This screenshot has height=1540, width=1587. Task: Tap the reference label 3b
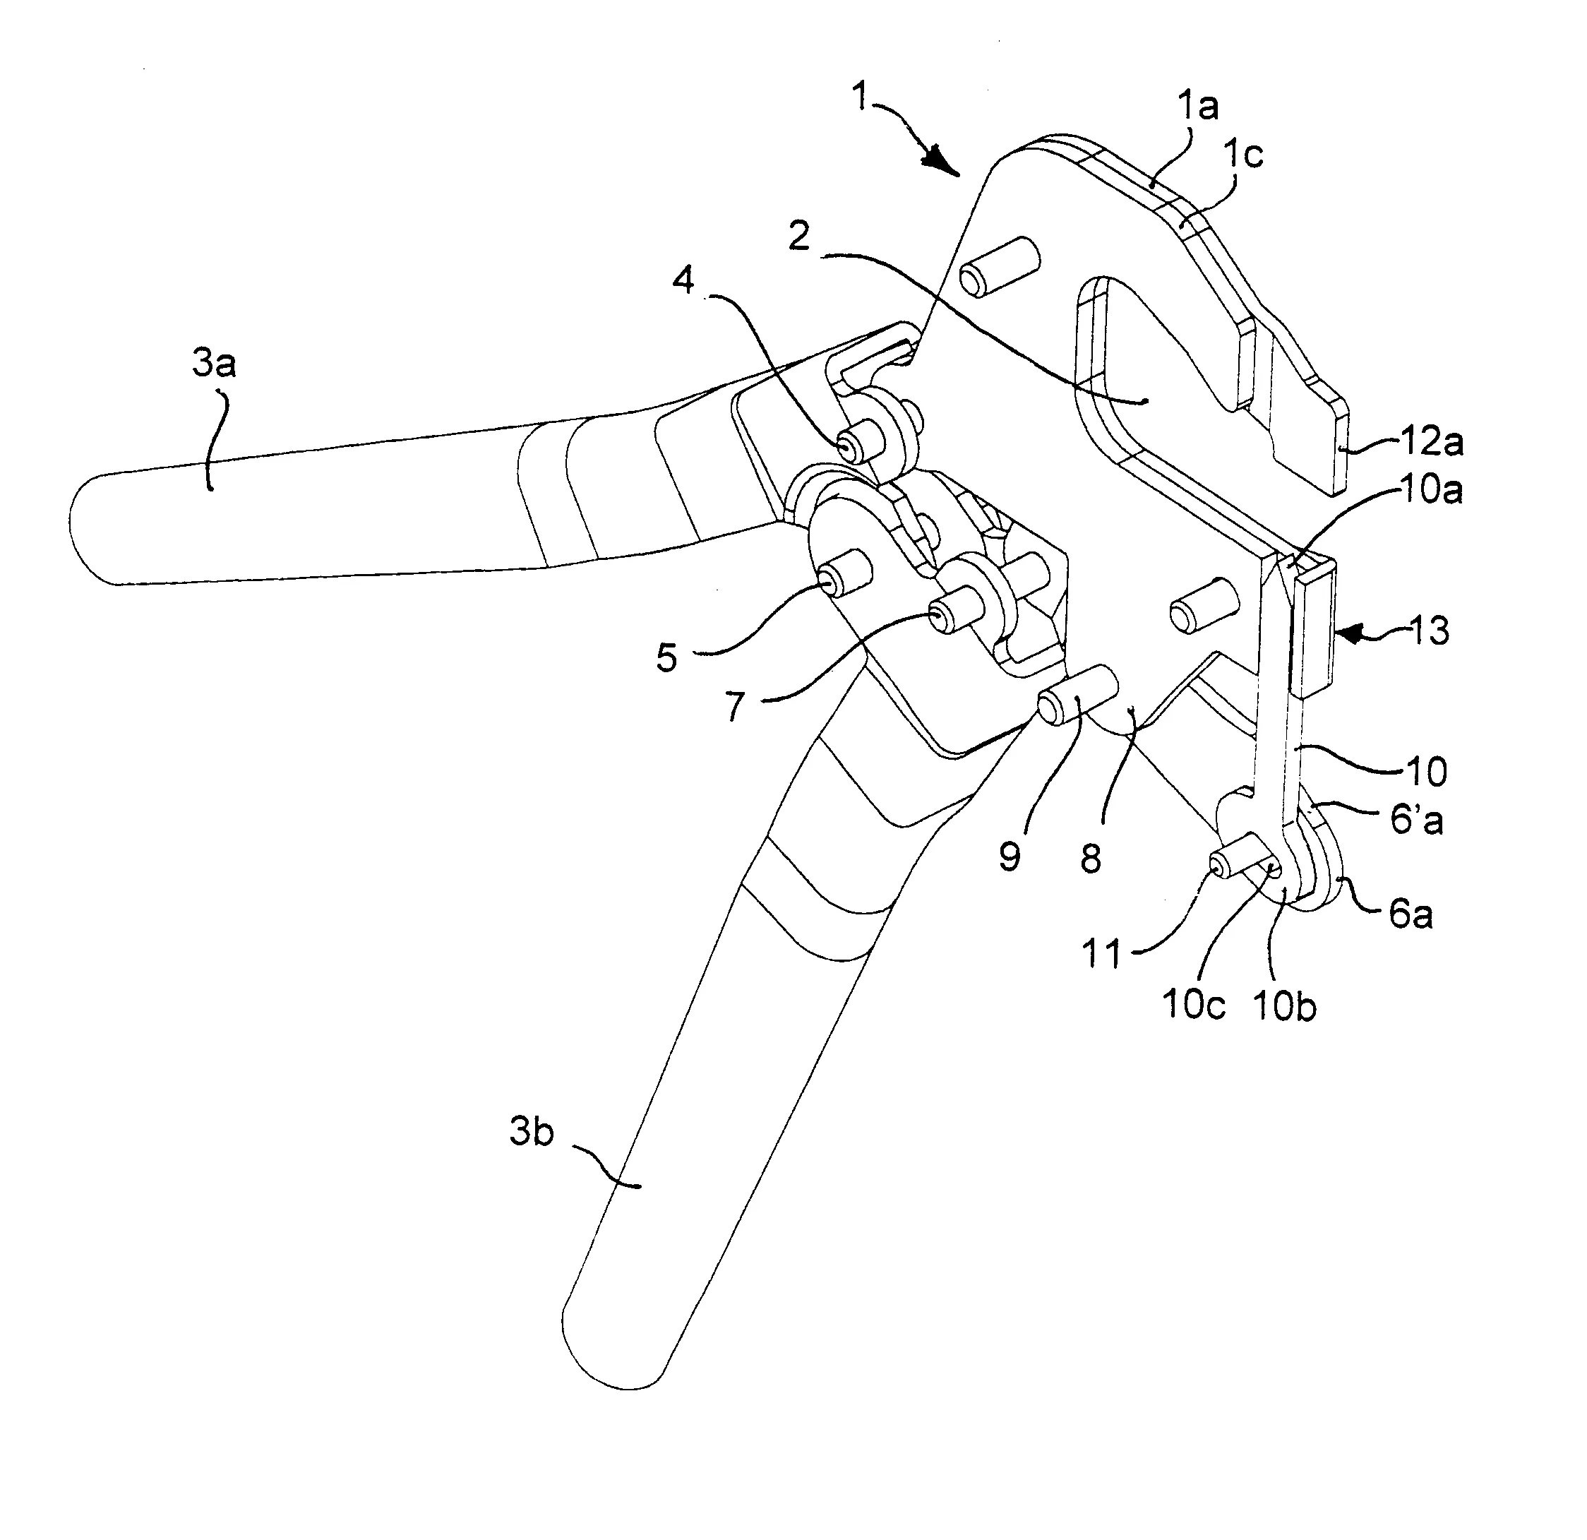coord(531,1132)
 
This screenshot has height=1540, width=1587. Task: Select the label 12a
coord(1432,442)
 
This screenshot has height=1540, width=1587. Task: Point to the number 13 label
coord(1429,631)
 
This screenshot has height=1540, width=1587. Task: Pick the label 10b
coord(1284,1005)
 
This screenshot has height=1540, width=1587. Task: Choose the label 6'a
coord(1416,820)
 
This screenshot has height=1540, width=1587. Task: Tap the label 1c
coord(1243,154)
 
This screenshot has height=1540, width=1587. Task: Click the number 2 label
coord(799,237)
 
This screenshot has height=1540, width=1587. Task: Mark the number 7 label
coord(733,706)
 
